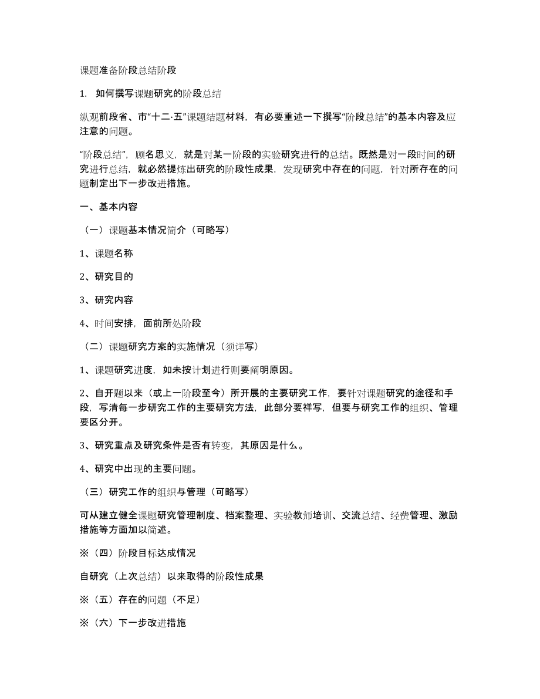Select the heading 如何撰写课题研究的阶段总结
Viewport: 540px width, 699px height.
click(x=158, y=93)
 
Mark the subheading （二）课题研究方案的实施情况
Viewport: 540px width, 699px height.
click(x=168, y=346)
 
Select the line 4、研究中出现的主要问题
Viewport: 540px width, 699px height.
click(x=137, y=468)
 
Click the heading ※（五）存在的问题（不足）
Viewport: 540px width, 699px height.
click(x=141, y=599)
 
